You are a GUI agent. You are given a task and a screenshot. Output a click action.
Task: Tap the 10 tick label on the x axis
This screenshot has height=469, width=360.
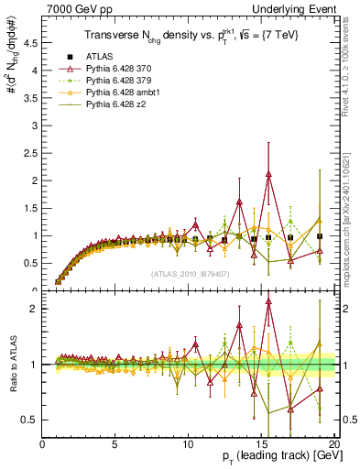point(187,444)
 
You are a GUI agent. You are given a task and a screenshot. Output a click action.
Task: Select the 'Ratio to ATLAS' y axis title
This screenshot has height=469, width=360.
point(12,365)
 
